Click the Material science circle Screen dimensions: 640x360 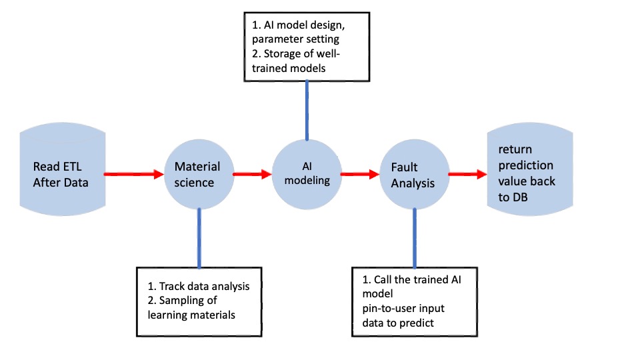199,174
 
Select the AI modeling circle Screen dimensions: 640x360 307,174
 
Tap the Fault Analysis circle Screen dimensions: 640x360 415,174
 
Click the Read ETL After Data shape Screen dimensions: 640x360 63,169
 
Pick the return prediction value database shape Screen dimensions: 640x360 530,169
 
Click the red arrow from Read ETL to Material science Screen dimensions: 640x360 134,174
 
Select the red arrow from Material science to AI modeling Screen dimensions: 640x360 252,174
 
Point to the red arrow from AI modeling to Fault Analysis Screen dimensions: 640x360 360,174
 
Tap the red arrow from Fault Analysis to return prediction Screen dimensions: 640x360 468,174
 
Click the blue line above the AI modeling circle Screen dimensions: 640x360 307,111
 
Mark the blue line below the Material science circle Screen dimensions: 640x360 199,238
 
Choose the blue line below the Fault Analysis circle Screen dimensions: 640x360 415,238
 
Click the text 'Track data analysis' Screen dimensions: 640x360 204,286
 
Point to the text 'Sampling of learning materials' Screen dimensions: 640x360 191,308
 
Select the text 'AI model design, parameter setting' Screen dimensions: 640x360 299,32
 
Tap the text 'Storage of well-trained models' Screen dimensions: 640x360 296,61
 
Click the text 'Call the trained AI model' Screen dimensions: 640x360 412,287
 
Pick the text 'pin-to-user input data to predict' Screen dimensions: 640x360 403,315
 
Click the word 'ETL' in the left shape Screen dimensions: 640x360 72,167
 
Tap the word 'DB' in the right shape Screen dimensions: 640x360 520,197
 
